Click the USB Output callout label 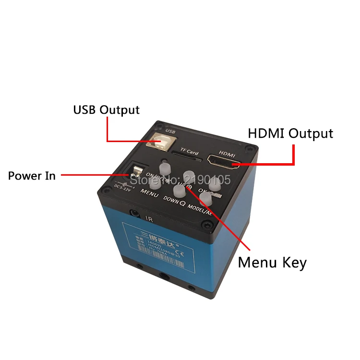pos(106,109)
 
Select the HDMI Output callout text pos(290,133)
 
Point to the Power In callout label pos(32,176)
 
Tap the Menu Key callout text pos(272,263)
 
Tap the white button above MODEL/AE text pos(206,197)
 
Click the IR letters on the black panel pos(149,217)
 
